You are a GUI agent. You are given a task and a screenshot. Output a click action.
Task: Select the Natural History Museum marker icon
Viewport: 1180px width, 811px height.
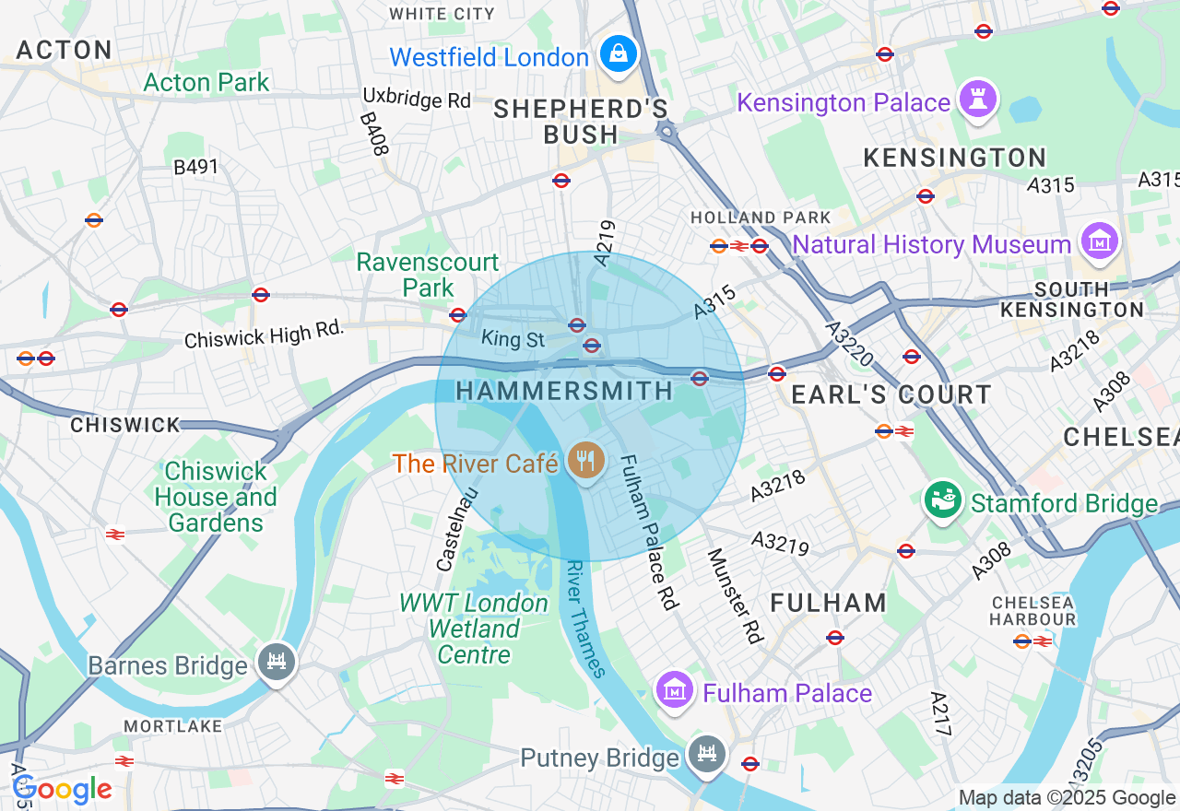click(1100, 241)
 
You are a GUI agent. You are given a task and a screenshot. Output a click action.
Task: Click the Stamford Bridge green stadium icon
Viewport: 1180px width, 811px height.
click(942, 500)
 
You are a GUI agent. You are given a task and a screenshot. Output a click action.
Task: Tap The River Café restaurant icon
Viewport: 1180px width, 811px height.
click(584, 461)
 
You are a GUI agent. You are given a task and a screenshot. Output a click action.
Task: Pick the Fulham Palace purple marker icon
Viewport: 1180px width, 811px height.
click(674, 690)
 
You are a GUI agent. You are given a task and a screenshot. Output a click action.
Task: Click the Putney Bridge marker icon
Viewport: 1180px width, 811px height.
click(707, 756)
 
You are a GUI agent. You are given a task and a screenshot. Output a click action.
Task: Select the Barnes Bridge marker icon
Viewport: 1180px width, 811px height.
click(276, 662)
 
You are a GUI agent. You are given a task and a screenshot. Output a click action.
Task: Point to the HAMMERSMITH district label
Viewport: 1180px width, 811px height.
click(565, 391)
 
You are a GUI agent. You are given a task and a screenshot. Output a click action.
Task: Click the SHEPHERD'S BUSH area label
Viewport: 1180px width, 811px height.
click(581, 122)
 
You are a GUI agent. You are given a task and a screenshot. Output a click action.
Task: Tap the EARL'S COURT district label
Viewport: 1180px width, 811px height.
click(891, 395)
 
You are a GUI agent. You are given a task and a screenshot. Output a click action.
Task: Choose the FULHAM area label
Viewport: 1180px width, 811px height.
click(829, 603)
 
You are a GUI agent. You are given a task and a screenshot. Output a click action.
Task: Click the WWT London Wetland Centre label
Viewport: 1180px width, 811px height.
click(474, 629)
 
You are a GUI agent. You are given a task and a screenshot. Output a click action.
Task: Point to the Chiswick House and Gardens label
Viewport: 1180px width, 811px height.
click(216, 498)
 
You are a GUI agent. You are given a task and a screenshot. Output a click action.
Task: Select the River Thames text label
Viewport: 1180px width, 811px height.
click(586, 618)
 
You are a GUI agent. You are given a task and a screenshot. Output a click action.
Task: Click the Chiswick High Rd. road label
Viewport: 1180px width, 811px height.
click(264, 334)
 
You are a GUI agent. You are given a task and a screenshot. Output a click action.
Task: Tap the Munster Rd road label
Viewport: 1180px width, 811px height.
click(736, 595)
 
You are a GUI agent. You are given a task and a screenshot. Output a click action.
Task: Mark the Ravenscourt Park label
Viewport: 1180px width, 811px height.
click(428, 275)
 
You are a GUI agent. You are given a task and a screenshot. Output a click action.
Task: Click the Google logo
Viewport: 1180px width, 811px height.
click(63, 790)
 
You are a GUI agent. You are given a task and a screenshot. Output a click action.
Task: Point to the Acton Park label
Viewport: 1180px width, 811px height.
click(206, 82)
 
